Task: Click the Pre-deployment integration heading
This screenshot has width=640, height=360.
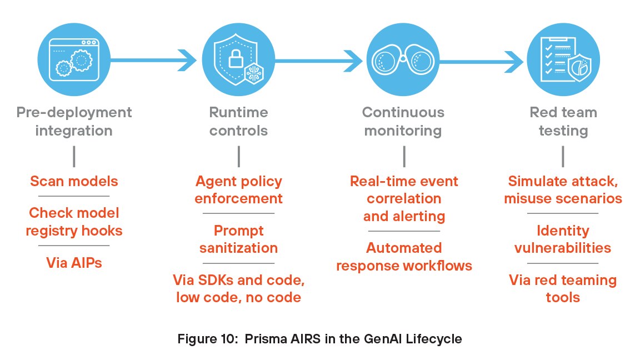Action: coord(74,121)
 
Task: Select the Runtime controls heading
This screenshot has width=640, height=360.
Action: coord(238,121)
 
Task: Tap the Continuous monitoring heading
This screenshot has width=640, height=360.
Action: coord(403,121)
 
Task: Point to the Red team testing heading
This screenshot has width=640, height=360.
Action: coord(563,121)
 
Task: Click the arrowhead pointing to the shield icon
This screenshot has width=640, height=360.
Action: coord(188,57)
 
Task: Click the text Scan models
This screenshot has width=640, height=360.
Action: coord(74,181)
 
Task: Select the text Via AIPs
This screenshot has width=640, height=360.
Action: coord(74,262)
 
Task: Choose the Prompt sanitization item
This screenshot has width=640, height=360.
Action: coord(238,239)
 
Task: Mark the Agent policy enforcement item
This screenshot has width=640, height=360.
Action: coord(238,189)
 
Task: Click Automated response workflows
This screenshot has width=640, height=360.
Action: coord(403,256)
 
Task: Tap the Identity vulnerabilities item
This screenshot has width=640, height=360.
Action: coord(563,239)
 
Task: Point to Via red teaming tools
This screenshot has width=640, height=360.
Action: coord(563,288)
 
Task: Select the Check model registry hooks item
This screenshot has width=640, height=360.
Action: coord(74,221)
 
